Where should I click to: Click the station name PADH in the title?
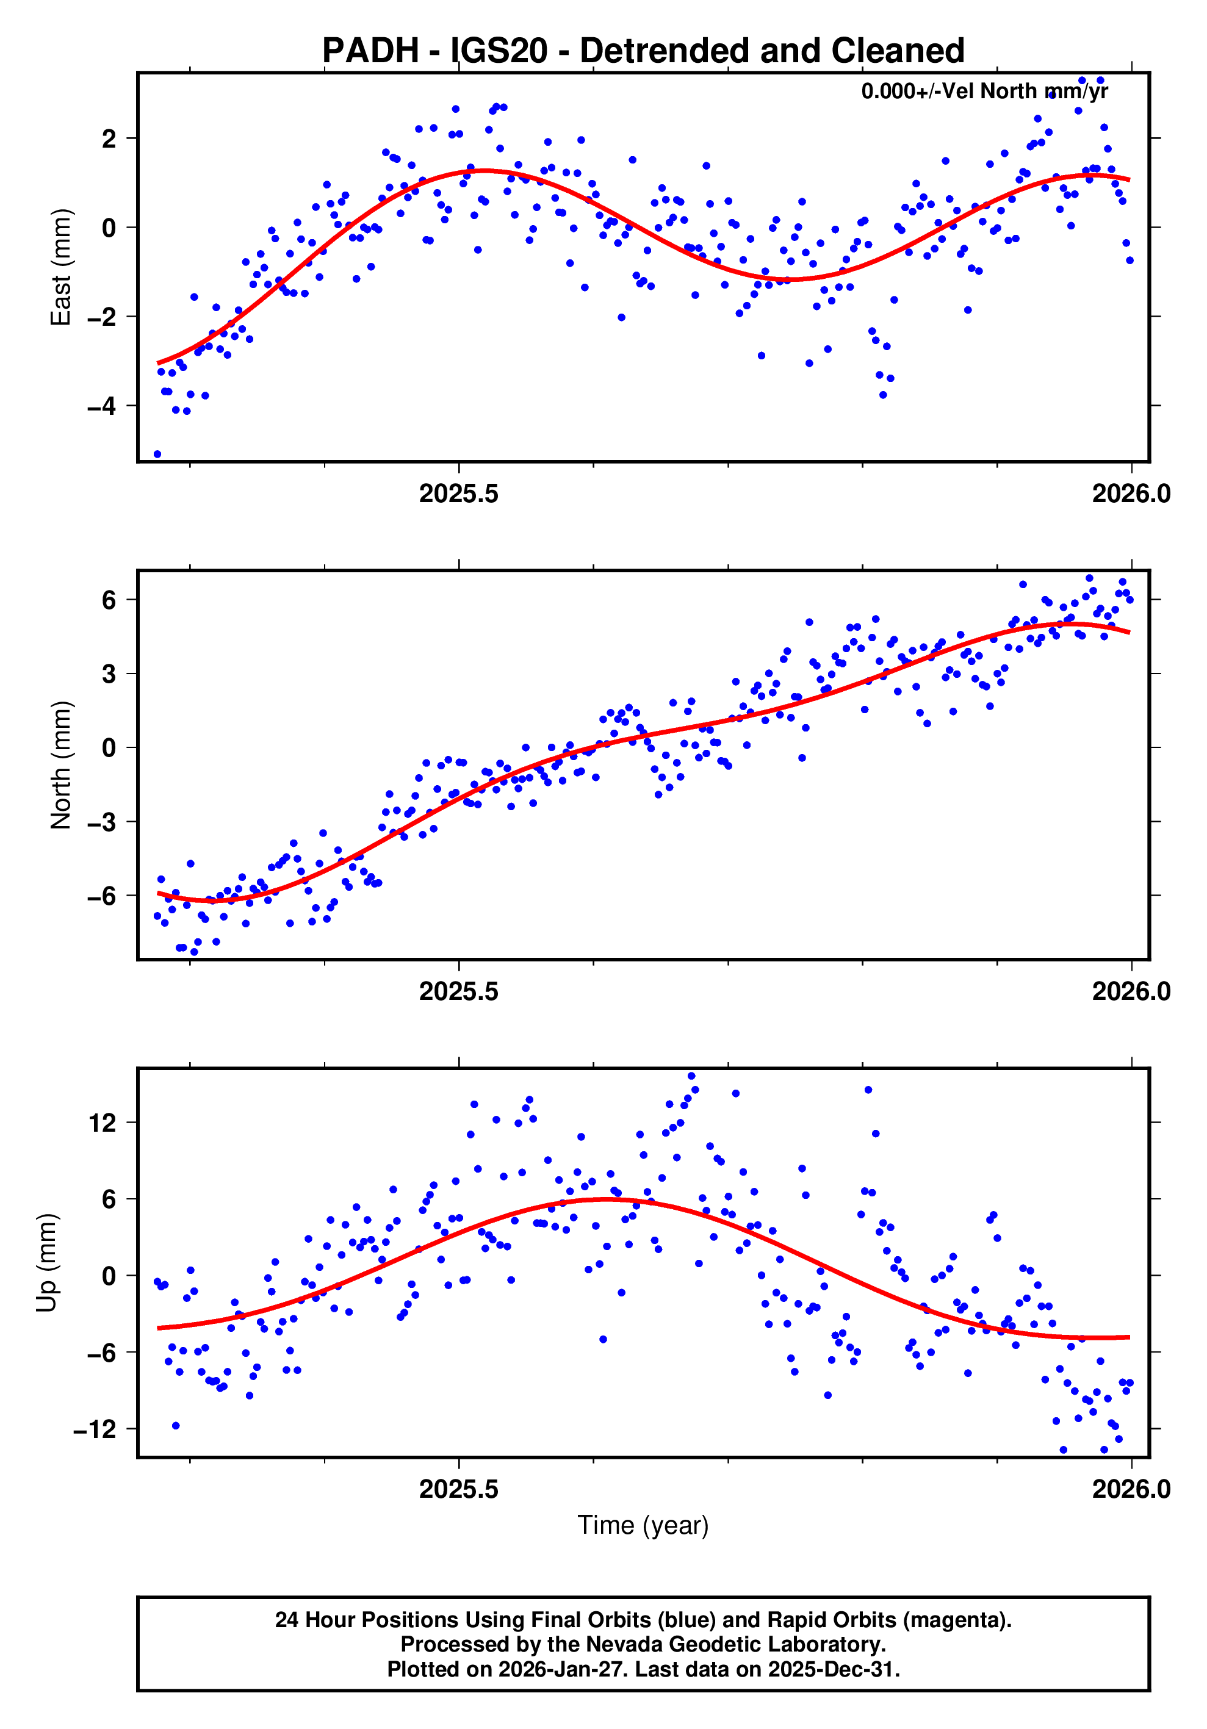coord(370,51)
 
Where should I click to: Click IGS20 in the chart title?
coord(499,51)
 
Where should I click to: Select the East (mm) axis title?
coord(60,267)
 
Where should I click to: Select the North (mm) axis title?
coord(60,765)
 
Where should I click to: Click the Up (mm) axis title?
coord(47,1263)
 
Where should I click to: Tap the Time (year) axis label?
coord(643,1525)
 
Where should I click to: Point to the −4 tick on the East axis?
coord(102,406)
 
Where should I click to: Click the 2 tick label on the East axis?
coord(109,138)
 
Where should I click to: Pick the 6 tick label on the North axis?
coord(109,600)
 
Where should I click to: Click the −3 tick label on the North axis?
coord(102,822)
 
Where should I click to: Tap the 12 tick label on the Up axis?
coord(103,1123)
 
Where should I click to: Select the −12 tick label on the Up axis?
coord(95,1429)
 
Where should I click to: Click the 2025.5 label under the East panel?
coord(458,494)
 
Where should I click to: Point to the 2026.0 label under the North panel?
coord(1131,992)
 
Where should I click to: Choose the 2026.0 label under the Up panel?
coord(1131,1489)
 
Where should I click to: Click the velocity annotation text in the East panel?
coord(984,91)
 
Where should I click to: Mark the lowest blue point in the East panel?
coord(157,454)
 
